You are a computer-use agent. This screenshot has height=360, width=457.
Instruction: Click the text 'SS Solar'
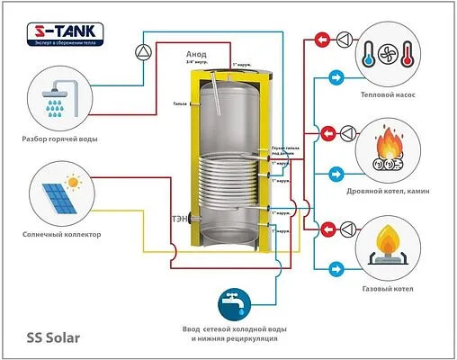(x=54, y=337)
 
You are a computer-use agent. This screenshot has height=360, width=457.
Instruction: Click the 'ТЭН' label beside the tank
(x=179, y=217)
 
